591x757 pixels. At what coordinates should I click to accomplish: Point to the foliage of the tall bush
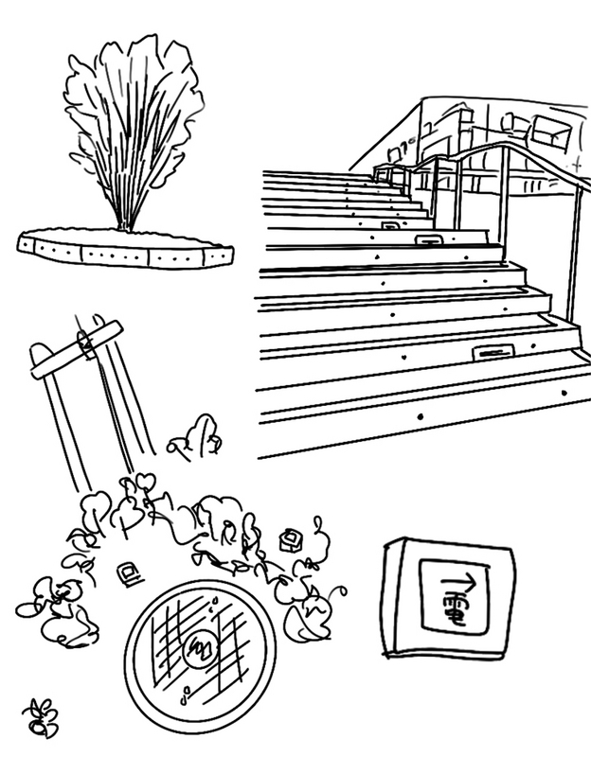(x=133, y=114)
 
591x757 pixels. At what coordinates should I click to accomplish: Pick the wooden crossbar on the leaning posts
(x=76, y=349)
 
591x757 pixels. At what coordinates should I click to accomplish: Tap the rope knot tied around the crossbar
(x=85, y=341)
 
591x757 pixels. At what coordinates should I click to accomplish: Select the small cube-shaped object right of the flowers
(x=290, y=540)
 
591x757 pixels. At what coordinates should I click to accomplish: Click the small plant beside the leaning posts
(x=197, y=437)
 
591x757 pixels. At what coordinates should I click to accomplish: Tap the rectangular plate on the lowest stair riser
(x=492, y=352)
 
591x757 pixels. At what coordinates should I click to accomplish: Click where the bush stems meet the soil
(x=125, y=227)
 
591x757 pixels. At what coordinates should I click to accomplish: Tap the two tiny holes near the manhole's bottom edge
(x=182, y=698)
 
